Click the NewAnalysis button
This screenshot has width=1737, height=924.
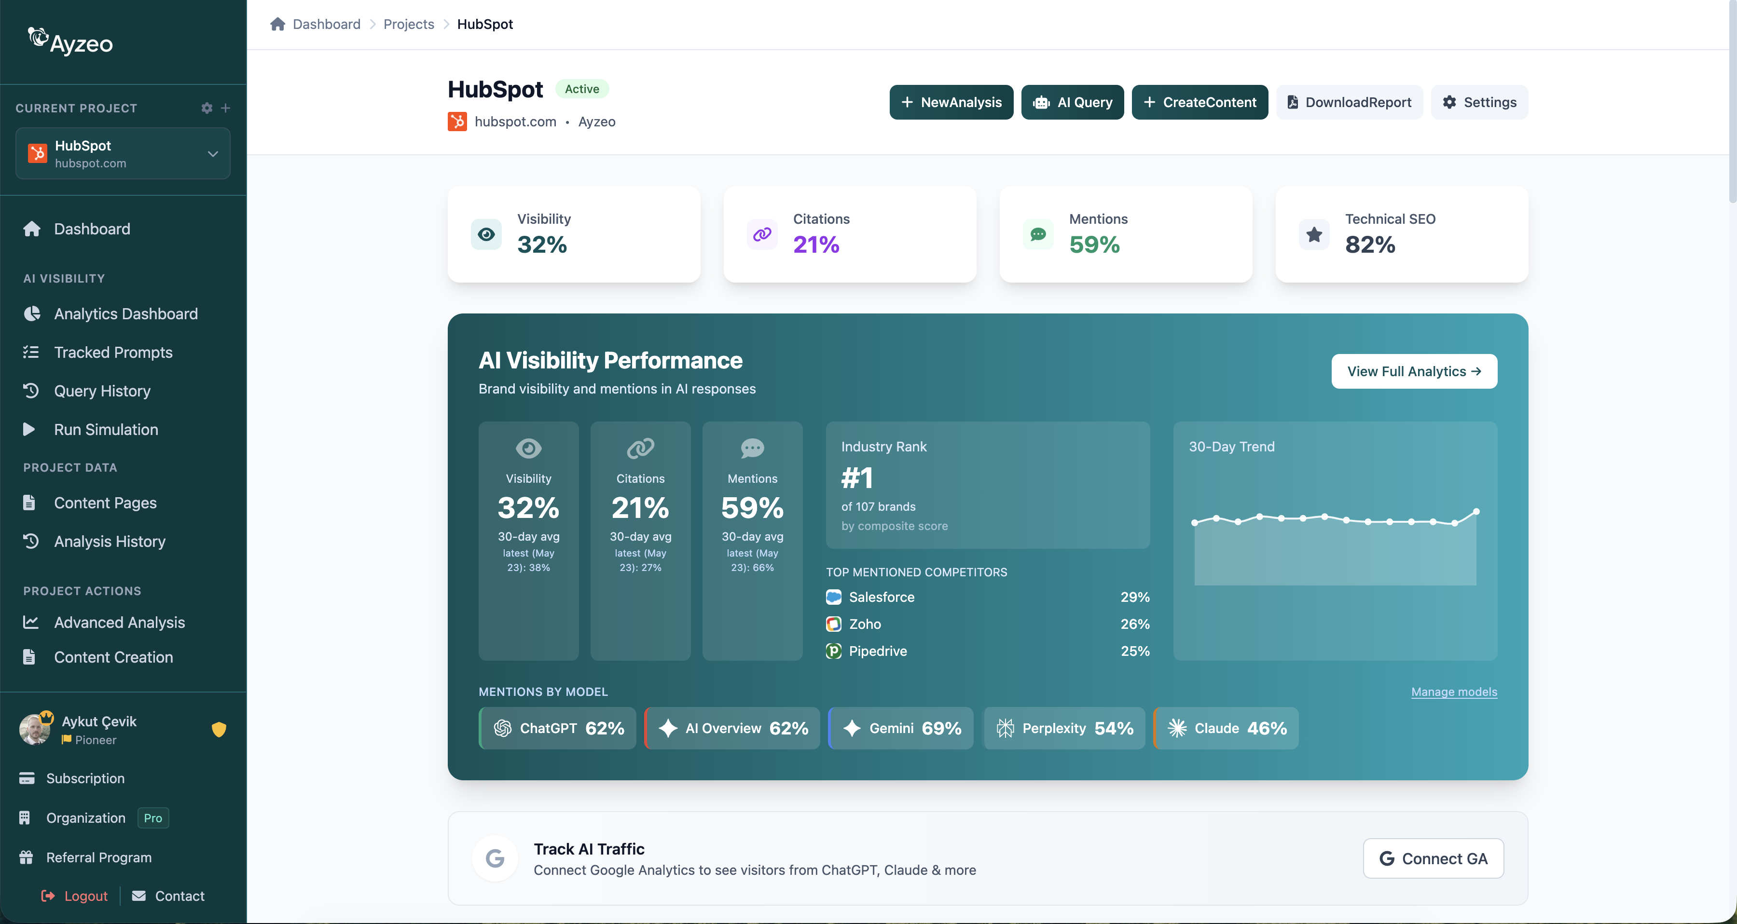[x=951, y=102]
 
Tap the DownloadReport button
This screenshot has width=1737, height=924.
[x=1349, y=102]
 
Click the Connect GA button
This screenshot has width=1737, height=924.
[x=1433, y=858]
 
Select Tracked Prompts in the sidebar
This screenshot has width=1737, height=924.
[x=112, y=353]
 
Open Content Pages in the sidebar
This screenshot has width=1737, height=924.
[x=105, y=503]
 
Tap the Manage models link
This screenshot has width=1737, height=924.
[x=1454, y=692]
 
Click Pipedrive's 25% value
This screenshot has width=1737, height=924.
[x=1135, y=651]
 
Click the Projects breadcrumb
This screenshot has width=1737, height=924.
[x=409, y=24]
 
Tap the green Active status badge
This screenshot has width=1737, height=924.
[x=582, y=89]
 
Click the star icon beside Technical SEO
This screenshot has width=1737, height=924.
[x=1313, y=234]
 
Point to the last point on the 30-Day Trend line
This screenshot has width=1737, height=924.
[x=1476, y=512]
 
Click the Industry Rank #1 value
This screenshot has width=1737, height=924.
[x=857, y=478]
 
